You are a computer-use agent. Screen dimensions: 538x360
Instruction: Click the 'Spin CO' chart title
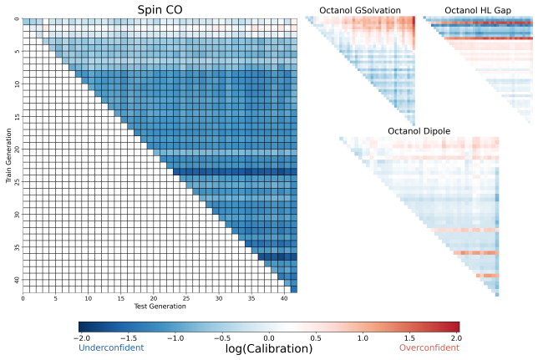(x=160, y=10)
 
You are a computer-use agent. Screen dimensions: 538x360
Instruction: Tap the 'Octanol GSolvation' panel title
(x=360, y=11)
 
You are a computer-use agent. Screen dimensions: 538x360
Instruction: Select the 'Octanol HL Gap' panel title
(x=478, y=11)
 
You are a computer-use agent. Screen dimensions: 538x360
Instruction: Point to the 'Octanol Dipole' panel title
(x=419, y=131)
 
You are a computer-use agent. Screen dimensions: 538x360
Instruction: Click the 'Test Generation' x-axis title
(x=160, y=306)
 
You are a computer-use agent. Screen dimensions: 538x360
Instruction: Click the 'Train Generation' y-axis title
(x=8, y=155)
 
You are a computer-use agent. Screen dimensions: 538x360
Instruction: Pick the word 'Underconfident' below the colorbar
(x=111, y=347)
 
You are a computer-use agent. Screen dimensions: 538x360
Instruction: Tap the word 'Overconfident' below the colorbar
(x=429, y=347)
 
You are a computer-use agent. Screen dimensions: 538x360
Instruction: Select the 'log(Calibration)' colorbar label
(x=269, y=348)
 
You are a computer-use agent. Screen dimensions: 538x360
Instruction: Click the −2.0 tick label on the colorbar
(x=82, y=338)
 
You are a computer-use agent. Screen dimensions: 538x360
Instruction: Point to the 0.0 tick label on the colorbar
(x=269, y=338)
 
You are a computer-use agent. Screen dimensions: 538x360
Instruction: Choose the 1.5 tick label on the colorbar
(x=409, y=338)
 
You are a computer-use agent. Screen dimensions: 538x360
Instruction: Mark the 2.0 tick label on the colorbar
(x=456, y=338)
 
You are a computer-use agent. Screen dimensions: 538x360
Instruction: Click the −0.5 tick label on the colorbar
(x=222, y=338)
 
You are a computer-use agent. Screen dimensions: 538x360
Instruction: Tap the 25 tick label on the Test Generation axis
(x=186, y=298)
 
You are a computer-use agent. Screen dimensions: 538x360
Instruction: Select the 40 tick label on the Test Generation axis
(x=284, y=298)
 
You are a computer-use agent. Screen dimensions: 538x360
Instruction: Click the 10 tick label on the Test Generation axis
(x=89, y=298)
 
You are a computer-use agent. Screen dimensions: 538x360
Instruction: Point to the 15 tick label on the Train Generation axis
(x=18, y=117)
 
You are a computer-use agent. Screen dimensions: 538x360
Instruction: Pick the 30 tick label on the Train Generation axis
(x=18, y=215)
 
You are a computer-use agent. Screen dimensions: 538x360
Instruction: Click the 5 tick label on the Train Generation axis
(x=18, y=52)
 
